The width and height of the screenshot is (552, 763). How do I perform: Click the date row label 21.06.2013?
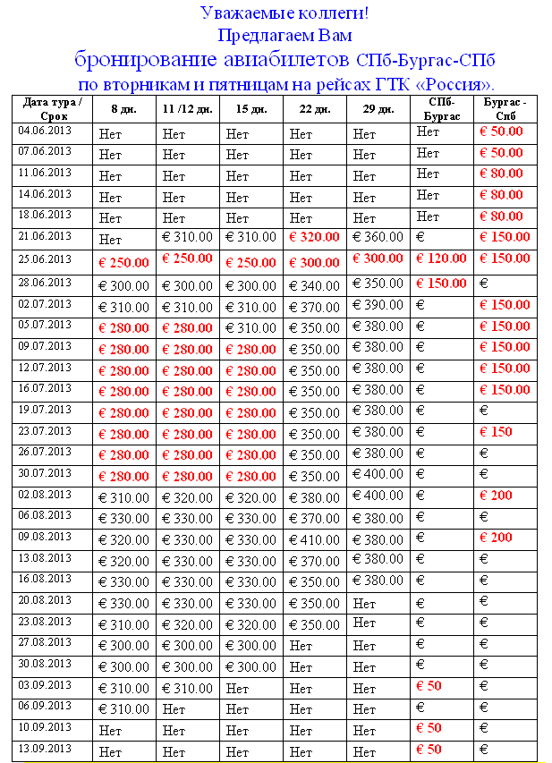tap(44, 235)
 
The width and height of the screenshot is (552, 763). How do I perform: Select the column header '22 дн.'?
tap(315, 109)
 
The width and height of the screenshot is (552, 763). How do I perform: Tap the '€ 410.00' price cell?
tap(314, 539)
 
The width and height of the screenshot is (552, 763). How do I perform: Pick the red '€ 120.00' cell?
tap(442, 259)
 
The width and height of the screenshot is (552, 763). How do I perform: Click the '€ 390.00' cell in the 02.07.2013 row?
tap(378, 305)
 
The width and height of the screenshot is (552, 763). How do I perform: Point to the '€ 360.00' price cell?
tap(378, 237)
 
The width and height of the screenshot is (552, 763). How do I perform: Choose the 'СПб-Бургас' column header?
tap(442, 109)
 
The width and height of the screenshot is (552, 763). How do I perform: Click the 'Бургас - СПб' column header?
tap(505, 109)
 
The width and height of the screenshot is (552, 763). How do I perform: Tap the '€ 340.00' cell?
tap(314, 286)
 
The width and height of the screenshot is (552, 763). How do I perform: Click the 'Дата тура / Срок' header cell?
tap(54, 109)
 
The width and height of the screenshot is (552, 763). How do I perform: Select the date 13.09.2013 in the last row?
tap(44, 748)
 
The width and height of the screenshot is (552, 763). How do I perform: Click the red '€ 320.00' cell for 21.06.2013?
tap(314, 237)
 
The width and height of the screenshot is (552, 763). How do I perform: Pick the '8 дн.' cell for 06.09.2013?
tap(123, 709)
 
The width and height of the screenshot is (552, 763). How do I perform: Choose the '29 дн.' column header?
tap(378, 109)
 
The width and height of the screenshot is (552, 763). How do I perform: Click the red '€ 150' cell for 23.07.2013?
tap(497, 432)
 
